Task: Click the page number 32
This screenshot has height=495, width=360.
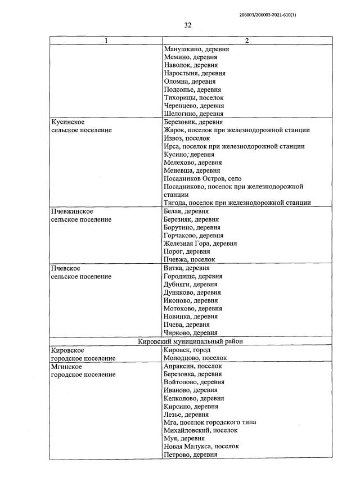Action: (188, 25)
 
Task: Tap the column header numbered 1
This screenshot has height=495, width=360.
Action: (106, 41)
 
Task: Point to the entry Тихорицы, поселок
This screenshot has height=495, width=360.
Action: (193, 97)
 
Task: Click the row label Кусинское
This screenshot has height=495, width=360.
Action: (68, 122)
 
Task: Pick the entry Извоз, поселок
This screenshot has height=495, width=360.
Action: (186, 138)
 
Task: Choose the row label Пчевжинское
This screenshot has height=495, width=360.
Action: (72, 211)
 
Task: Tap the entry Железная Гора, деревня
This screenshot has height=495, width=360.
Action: (200, 244)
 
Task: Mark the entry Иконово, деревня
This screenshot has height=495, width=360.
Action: (191, 300)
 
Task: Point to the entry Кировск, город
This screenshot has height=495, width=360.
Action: (187, 350)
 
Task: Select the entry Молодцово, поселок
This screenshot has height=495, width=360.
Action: (195, 358)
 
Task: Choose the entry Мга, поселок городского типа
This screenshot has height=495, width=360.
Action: (209, 422)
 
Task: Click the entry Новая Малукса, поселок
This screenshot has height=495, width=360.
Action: (201, 446)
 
